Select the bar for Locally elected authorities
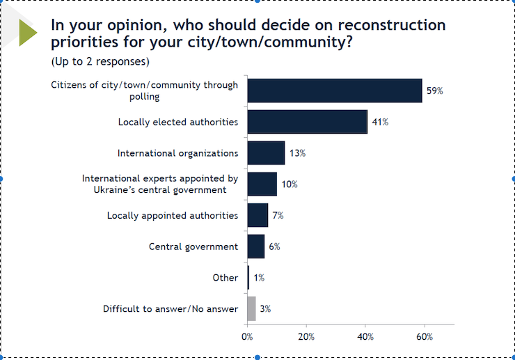tap(307, 122)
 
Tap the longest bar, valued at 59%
tap(334, 91)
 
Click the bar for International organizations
tap(266, 153)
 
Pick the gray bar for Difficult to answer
tap(251, 308)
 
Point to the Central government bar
tap(255, 246)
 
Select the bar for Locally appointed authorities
tap(257, 215)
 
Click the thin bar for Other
tap(248, 278)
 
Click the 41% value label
tap(380, 122)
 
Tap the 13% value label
tap(297, 153)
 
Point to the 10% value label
tap(290, 185)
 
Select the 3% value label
tap(265, 308)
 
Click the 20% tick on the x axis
tap(306, 336)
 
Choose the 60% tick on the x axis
tap(425, 336)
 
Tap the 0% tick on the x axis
tap(247, 336)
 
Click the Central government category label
tap(193, 246)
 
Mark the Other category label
tap(225, 278)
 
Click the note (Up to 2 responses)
tap(100, 61)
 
